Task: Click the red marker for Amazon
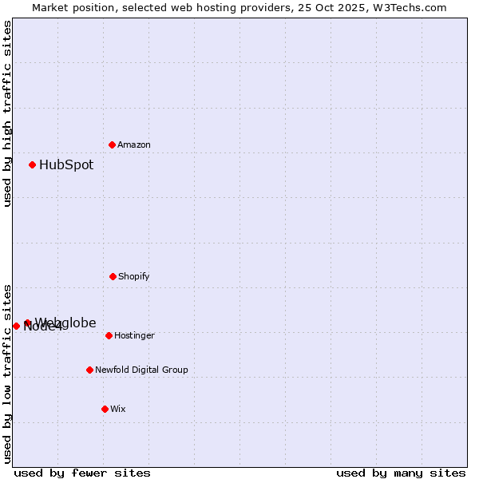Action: tap(113, 144)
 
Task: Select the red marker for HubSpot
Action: tap(33, 164)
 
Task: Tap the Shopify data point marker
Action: tap(113, 276)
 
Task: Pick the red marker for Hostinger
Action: tap(109, 335)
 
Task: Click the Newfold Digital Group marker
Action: tap(89, 370)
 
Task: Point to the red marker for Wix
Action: tap(105, 409)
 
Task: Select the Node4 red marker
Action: tap(16, 326)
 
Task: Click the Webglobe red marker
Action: tap(27, 323)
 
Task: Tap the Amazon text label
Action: tap(134, 144)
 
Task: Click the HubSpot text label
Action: tap(66, 165)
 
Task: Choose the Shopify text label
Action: tap(134, 276)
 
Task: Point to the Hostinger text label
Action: tap(134, 335)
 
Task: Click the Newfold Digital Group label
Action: tap(141, 370)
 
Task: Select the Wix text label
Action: tap(118, 409)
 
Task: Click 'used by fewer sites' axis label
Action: tap(82, 473)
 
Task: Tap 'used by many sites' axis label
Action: tap(401, 473)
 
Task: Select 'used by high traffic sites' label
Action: tap(7, 113)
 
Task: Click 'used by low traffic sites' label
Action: tap(7, 373)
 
